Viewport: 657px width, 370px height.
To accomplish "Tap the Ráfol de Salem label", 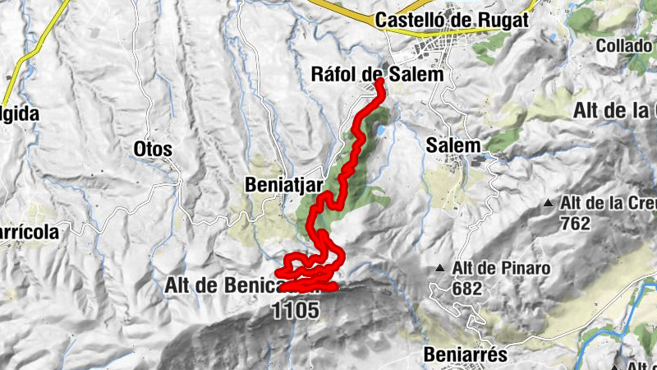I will (x=378, y=74).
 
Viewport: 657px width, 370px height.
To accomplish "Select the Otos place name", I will (x=153, y=149).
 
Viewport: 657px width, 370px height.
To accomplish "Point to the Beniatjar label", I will (x=282, y=187).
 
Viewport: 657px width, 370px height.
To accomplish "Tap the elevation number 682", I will (x=466, y=288).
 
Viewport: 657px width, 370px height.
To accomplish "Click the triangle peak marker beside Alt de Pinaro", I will (x=440, y=268).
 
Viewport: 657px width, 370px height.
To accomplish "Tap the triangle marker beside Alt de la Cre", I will (x=549, y=202).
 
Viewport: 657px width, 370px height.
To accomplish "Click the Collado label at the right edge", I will (x=624, y=45).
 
